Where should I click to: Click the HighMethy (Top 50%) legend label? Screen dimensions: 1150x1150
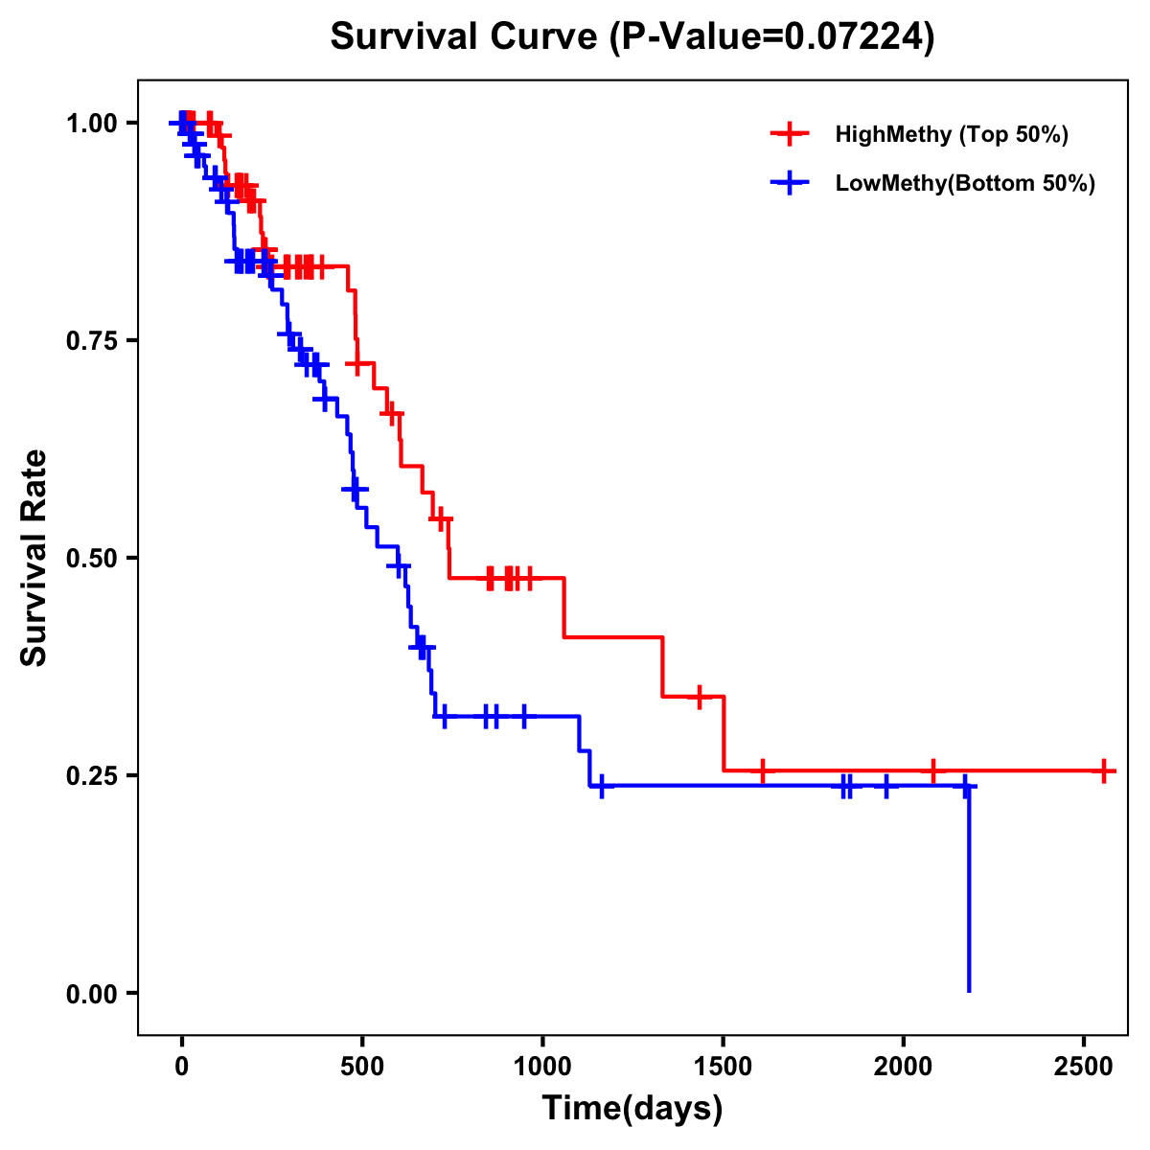pyautogui.click(x=951, y=134)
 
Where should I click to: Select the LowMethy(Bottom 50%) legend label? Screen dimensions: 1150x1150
pyautogui.click(x=965, y=183)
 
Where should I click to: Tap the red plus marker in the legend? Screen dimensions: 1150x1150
pyautogui.click(x=790, y=134)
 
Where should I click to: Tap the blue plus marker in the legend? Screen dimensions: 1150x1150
pyautogui.click(x=790, y=183)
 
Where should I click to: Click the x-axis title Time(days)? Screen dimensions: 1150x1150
pyautogui.click(x=632, y=1109)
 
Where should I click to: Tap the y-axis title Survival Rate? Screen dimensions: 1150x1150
pyautogui.click(x=34, y=558)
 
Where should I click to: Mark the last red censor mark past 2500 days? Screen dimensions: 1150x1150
pyautogui.click(x=1104, y=770)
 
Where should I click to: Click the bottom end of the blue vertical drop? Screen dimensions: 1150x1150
pyautogui.click(x=969, y=990)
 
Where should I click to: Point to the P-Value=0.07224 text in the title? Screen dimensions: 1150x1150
pyautogui.click(x=772, y=37)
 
